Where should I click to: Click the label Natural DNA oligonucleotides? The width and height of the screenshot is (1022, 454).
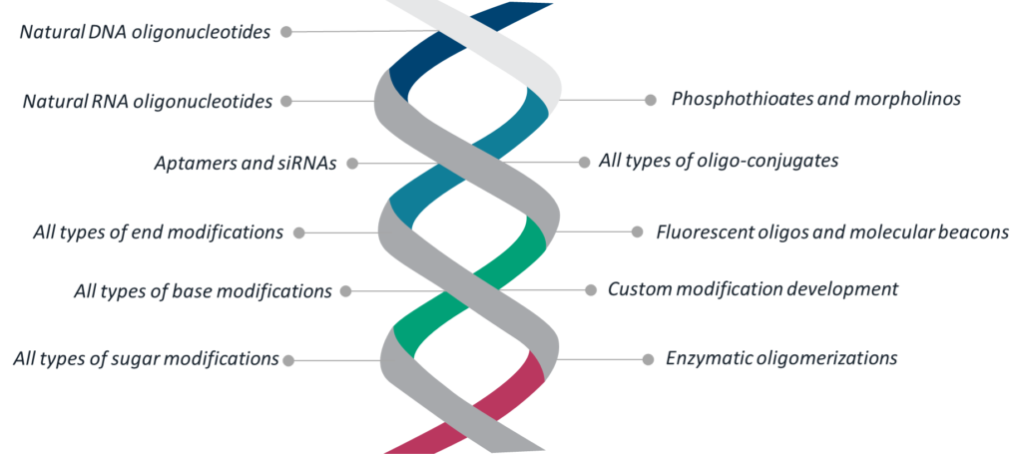click(145, 33)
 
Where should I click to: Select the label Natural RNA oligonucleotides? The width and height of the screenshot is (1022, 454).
click(148, 102)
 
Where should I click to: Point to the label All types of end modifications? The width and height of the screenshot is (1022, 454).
click(159, 232)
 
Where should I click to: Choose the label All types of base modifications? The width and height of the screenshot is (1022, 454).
click(203, 291)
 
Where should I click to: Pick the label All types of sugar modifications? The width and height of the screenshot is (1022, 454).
click(146, 359)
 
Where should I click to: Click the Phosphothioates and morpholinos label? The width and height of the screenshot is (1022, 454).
click(816, 100)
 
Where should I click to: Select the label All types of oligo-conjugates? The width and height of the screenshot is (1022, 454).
click(719, 161)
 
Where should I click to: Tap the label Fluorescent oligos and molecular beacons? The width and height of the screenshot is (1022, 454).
click(833, 232)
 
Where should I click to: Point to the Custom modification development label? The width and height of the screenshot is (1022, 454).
click(753, 289)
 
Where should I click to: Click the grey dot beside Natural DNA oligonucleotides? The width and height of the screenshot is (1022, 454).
click(286, 31)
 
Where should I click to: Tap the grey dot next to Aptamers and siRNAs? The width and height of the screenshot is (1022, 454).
click(352, 165)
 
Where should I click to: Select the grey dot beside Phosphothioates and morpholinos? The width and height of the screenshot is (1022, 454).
click(650, 101)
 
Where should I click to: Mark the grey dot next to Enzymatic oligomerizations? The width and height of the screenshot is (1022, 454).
click(648, 359)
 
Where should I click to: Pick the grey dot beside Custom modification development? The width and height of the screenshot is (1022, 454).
click(591, 290)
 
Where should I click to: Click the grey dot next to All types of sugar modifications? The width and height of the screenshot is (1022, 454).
click(288, 360)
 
